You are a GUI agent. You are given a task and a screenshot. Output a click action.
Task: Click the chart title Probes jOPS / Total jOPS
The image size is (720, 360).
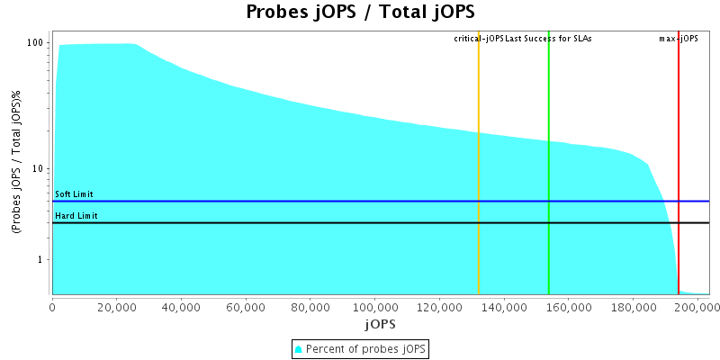[360, 13]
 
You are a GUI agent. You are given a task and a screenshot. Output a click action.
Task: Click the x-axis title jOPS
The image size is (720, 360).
[381, 323]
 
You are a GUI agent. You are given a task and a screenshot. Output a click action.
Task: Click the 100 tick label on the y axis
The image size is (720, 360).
[36, 43]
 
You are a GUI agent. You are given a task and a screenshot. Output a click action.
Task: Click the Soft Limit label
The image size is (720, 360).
[74, 194]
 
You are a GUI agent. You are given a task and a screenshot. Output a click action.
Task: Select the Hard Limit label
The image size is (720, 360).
[76, 216]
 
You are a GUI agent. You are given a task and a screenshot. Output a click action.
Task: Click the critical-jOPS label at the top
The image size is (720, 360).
[479, 39]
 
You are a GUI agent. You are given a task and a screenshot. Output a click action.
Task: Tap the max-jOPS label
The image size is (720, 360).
[679, 39]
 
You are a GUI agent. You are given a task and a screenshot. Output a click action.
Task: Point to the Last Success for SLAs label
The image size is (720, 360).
[548, 39]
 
